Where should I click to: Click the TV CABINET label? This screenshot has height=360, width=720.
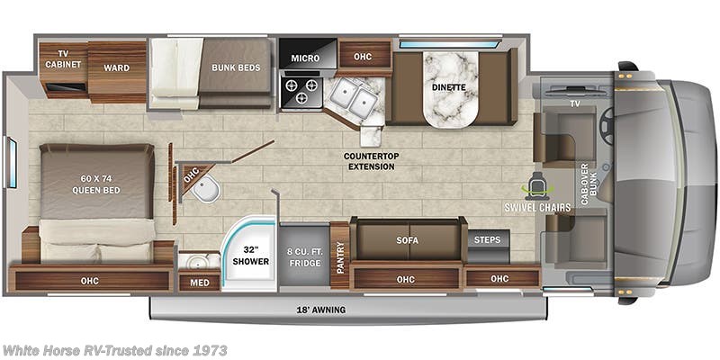(x=64, y=58)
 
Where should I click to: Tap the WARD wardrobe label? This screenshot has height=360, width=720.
(x=116, y=67)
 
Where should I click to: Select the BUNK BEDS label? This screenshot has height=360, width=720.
(x=237, y=67)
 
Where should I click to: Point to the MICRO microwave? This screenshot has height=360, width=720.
(x=305, y=58)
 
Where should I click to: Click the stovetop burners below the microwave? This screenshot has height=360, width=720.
(x=301, y=91)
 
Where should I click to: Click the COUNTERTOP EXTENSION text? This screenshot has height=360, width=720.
(x=370, y=161)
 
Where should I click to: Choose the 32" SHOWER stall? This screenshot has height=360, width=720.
(x=252, y=256)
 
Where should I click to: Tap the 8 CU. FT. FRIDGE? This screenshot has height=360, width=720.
(x=303, y=256)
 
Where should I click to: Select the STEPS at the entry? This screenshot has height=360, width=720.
(x=489, y=241)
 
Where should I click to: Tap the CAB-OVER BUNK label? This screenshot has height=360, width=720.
(x=587, y=184)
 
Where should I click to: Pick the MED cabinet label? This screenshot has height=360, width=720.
(x=198, y=282)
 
